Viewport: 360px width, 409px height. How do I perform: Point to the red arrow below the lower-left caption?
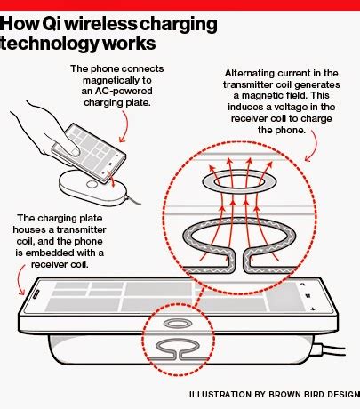coord(22,283)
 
